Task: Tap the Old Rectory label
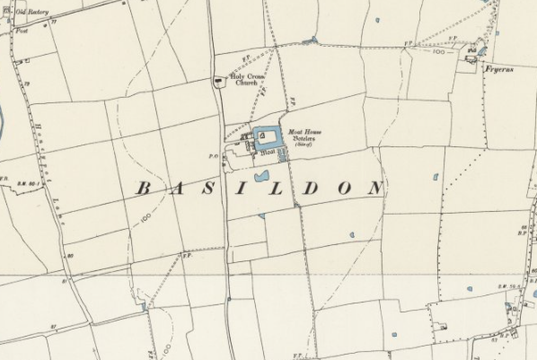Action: click(x=31, y=13)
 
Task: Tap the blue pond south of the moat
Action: click(x=262, y=176)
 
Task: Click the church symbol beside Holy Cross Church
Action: click(x=218, y=81)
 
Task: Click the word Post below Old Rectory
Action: click(x=22, y=30)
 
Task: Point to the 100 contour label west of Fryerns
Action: click(x=437, y=53)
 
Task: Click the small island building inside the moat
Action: click(x=266, y=136)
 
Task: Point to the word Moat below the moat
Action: click(x=267, y=154)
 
